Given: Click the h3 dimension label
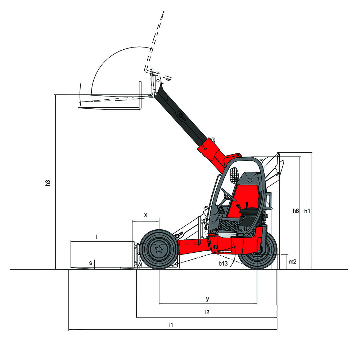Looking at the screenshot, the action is (x=48, y=183).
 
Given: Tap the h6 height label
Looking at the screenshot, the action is (x=296, y=211).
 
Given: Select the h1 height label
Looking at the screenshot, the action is (x=307, y=211).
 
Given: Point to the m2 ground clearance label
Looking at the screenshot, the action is (x=292, y=261).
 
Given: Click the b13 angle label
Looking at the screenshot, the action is (x=223, y=264).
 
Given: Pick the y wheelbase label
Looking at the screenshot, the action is (x=208, y=299).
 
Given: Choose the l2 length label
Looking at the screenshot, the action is (x=207, y=312).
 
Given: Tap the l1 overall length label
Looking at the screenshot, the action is (x=171, y=325).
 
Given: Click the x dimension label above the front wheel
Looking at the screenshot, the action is (x=145, y=215).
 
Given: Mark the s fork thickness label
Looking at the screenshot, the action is (x=90, y=263).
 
